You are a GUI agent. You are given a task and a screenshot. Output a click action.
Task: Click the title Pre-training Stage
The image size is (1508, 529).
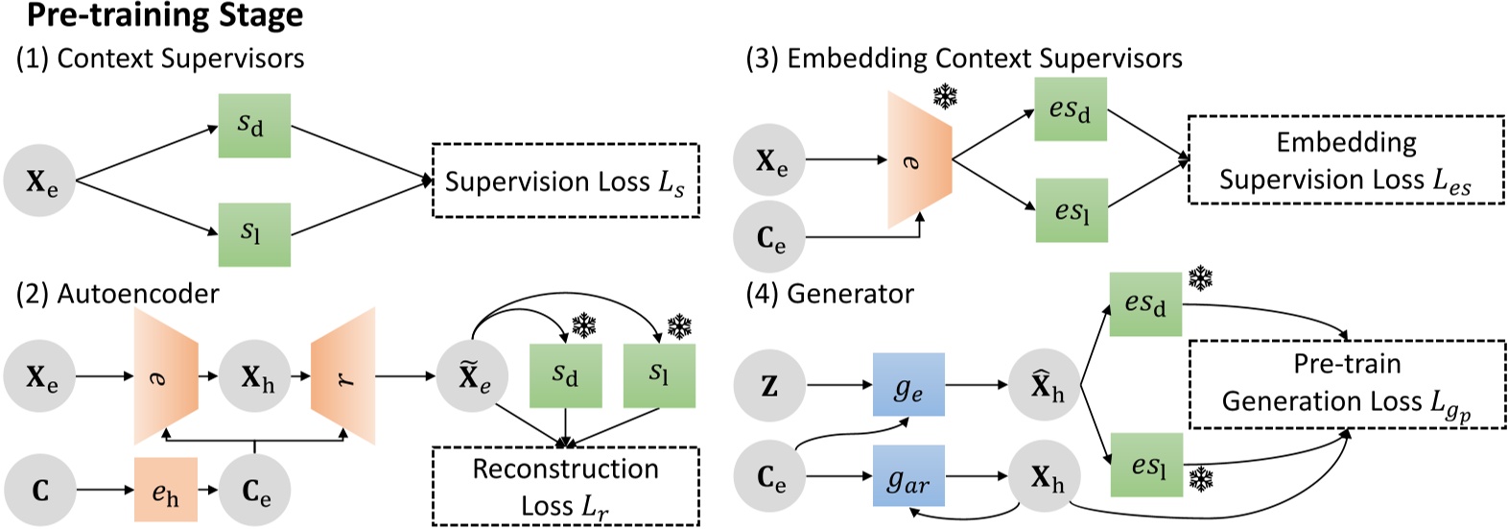tap(164, 16)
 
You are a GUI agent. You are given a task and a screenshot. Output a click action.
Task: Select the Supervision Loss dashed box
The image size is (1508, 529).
tap(565, 180)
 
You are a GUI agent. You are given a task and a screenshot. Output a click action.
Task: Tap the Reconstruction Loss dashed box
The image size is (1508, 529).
tap(565, 486)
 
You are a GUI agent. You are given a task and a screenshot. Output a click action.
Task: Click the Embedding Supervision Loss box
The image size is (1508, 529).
tap(1346, 160)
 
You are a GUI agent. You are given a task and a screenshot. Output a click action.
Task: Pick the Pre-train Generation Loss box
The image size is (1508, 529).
tap(1346, 384)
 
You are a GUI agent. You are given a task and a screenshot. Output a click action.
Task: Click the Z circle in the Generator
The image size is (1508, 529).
tap(769, 386)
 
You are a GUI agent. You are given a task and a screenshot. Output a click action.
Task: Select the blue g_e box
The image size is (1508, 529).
tap(907, 385)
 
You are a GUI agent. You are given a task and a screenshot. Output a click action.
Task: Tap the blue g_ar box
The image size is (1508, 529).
tap(907, 476)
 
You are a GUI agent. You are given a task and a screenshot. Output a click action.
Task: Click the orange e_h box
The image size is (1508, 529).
tap(165, 490)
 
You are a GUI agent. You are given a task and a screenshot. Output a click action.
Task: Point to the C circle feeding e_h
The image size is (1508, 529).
tap(40, 490)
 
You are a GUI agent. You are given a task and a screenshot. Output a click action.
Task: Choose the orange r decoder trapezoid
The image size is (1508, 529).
tap(342, 376)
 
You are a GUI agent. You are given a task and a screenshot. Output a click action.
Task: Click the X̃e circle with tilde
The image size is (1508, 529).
tap(473, 377)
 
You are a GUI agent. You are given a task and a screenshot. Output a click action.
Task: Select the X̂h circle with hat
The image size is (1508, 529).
tap(1046, 386)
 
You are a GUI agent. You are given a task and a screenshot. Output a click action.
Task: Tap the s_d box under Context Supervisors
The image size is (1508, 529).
tap(253, 125)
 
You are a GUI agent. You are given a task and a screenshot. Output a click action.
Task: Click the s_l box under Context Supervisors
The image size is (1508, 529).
tap(253, 233)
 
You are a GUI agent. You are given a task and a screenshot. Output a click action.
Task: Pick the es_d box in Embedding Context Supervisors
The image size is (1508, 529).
tap(1070, 109)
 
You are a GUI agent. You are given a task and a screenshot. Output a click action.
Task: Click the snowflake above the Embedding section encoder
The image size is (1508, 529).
tap(946, 96)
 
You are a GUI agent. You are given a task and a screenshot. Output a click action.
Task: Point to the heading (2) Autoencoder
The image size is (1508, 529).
tap(118, 293)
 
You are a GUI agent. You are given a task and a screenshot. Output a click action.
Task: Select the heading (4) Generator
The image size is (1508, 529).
tap(830, 293)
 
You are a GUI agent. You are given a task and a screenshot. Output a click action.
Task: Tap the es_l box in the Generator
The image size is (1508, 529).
tap(1145, 465)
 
